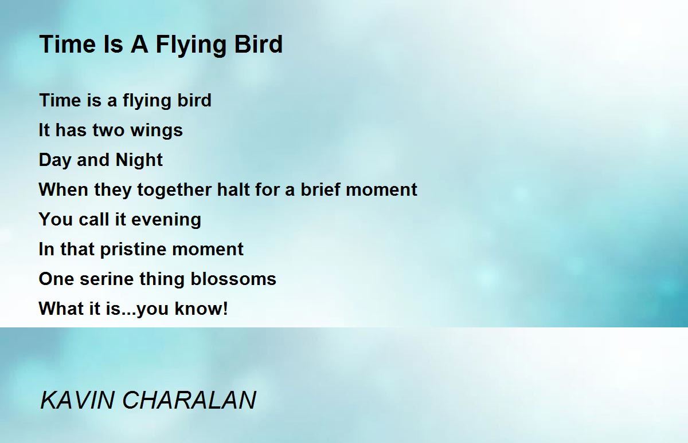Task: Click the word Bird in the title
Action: click(259, 44)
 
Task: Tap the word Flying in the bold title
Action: click(190, 46)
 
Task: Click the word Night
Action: click(139, 160)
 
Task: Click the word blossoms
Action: click(233, 279)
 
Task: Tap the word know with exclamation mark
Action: click(201, 308)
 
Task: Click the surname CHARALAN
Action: click(189, 400)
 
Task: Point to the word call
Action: click(94, 219)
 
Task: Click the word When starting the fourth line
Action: click(64, 189)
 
